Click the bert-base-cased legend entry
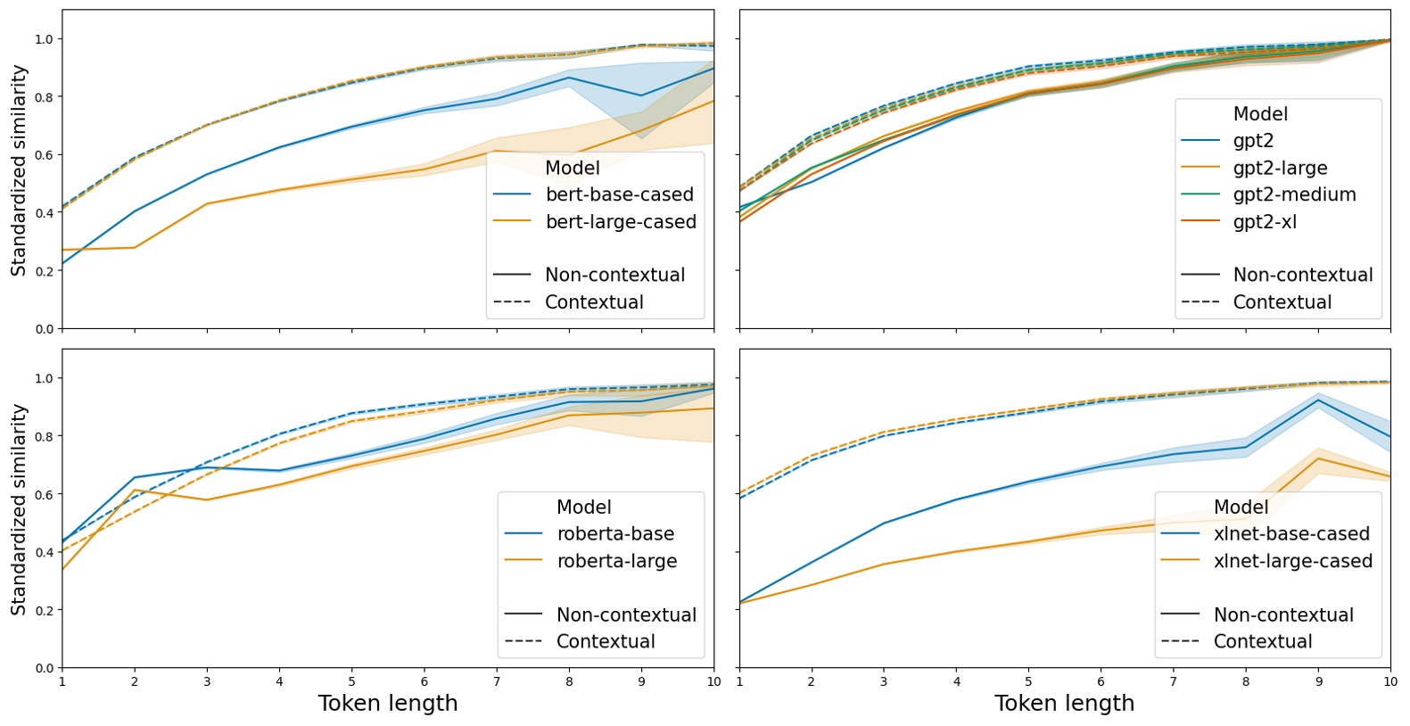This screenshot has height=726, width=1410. tap(619, 194)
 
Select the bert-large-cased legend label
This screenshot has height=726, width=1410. tap(621, 222)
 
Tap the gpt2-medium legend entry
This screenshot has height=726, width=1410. tap(1294, 194)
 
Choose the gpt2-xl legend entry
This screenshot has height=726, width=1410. tap(1265, 222)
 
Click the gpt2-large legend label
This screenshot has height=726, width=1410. tap(1280, 168)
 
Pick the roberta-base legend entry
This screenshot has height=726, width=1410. tap(615, 534)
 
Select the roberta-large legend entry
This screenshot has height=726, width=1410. tap(616, 561)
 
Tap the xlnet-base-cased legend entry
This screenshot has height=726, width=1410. tap(1290, 534)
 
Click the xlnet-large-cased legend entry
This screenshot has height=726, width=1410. tap(1292, 561)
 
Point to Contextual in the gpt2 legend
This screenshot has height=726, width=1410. tap(1282, 302)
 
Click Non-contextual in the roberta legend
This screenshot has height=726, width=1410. tap(626, 615)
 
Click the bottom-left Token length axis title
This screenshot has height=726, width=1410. tap(388, 704)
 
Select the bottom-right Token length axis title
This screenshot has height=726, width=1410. tap(1064, 704)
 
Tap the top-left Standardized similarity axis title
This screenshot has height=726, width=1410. tap(19, 169)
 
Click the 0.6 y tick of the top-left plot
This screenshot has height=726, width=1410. tap(43, 155)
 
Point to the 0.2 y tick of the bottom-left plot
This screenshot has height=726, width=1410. tap(43, 610)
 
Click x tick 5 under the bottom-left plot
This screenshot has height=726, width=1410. tap(352, 682)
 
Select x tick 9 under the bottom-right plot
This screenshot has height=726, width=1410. tap(1318, 682)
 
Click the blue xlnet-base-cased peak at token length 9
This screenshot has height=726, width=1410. tap(1318, 400)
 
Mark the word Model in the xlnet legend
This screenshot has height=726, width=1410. tap(1241, 507)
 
